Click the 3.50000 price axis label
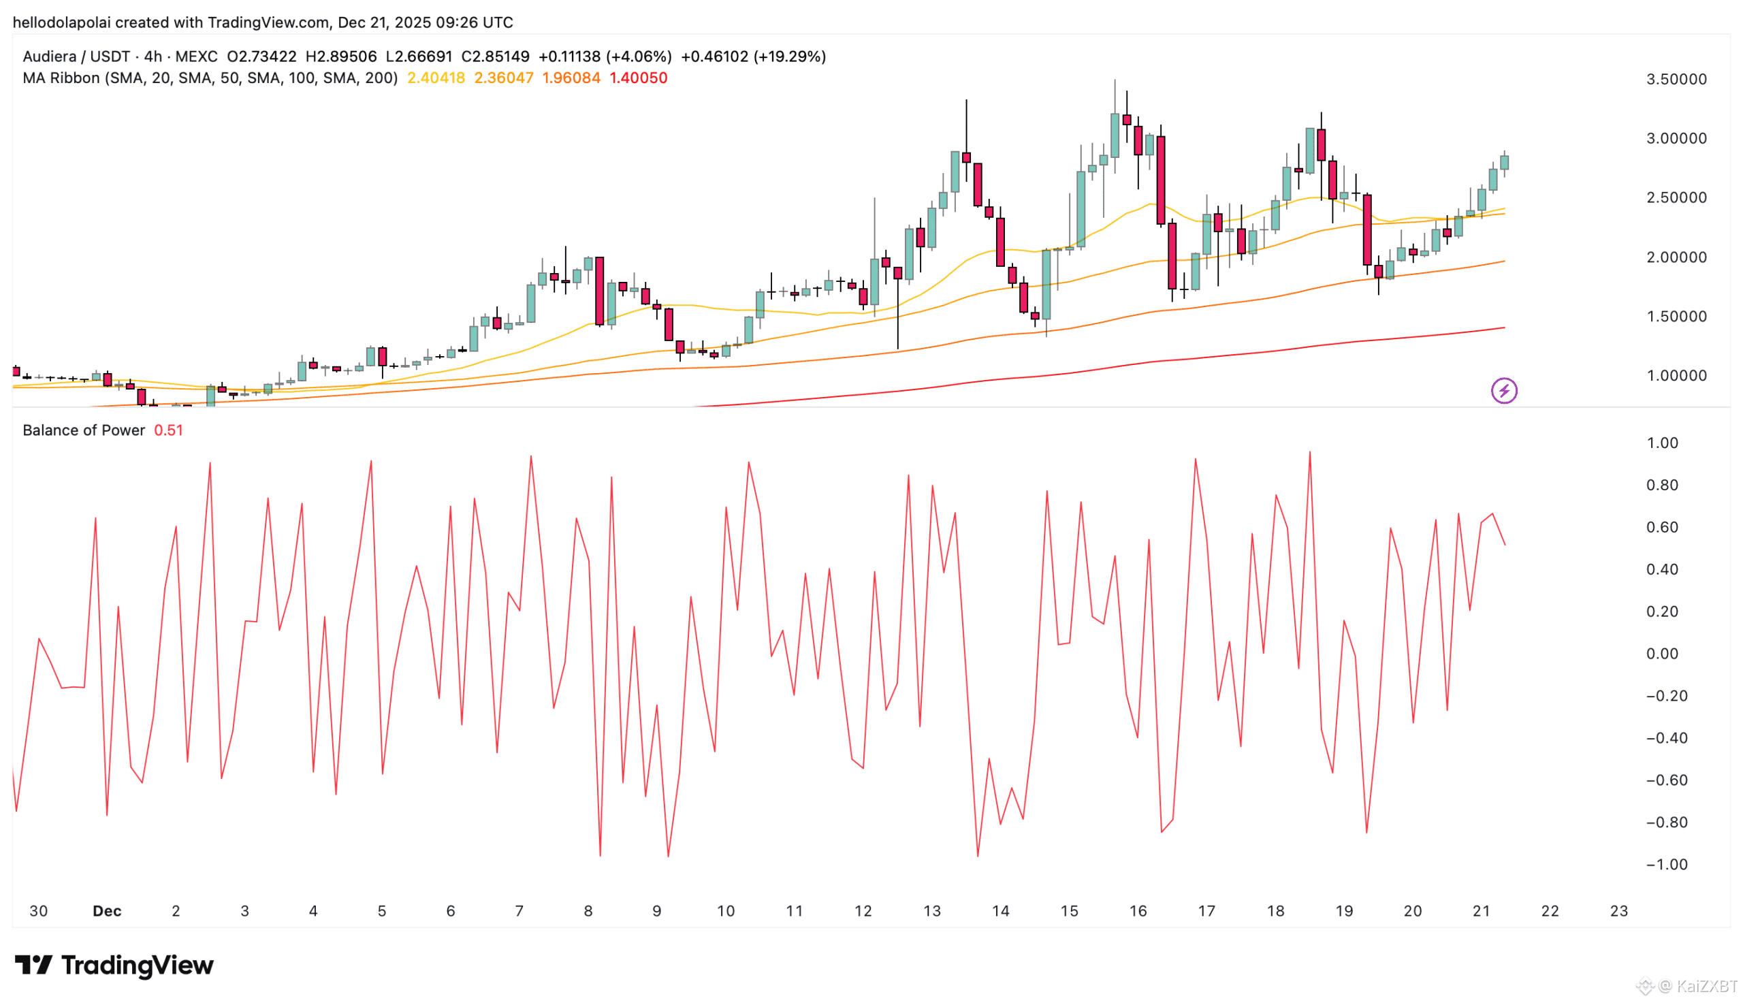[1676, 79]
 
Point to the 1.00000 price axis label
[1676, 376]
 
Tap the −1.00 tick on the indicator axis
[1666, 865]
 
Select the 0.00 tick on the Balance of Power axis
[1662, 654]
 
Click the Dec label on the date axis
[107, 911]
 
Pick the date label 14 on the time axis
[1001, 911]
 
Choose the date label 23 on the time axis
[1618, 911]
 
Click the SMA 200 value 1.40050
[639, 78]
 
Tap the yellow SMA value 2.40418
[436, 78]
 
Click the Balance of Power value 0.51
[168, 430]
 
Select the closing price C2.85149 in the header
[495, 57]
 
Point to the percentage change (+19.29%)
[789, 57]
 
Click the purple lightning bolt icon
[1504, 392]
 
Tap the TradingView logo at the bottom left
[114, 965]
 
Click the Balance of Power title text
[83, 430]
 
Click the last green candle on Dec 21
[1505, 163]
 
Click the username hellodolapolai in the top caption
[62, 22]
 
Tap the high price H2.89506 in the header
[341, 57]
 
